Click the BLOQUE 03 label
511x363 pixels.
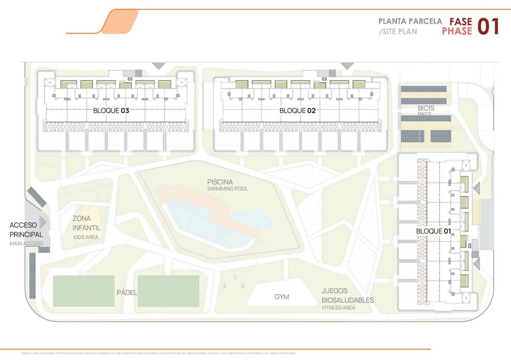[111, 111]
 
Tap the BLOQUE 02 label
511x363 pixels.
[297, 111]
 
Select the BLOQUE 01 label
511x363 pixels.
[433, 231]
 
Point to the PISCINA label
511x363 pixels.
[220, 182]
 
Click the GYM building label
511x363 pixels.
[282, 297]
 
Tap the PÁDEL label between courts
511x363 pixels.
[127, 292]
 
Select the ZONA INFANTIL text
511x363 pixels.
[86, 223]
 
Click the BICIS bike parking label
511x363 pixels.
[426, 108]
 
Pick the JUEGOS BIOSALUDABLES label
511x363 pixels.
[347, 296]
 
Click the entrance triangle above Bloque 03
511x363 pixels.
[158, 66]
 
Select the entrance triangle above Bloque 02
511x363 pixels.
[347, 66]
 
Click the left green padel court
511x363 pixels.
[84, 291]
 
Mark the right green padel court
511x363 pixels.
[168, 291]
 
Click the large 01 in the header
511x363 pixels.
[488, 26]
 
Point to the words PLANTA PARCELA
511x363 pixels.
[410, 21]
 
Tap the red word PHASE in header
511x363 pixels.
[457, 31]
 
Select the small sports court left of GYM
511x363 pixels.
[233, 285]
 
